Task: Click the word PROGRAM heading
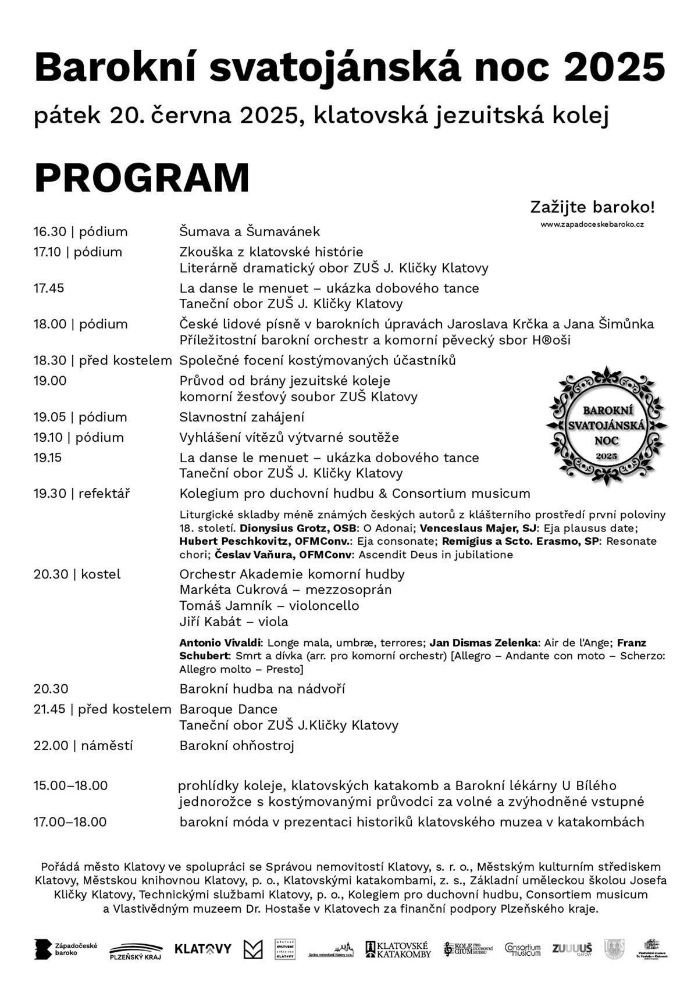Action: (142, 178)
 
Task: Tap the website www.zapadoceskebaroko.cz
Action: (592, 224)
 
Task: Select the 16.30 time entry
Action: (50, 232)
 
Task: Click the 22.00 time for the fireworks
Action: (51, 746)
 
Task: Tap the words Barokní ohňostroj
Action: (237, 746)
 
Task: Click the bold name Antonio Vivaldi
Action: (221, 643)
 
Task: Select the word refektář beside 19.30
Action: (104, 494)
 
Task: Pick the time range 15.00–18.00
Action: (70, 786)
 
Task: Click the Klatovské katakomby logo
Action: (398, 949)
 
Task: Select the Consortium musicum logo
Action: (522, 949)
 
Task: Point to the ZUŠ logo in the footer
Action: (572, 949)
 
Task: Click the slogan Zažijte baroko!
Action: (592, 207)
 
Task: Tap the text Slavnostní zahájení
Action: (241, 417)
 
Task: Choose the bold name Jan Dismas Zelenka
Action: (483, 643)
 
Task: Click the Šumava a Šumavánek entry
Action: (250, 232)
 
